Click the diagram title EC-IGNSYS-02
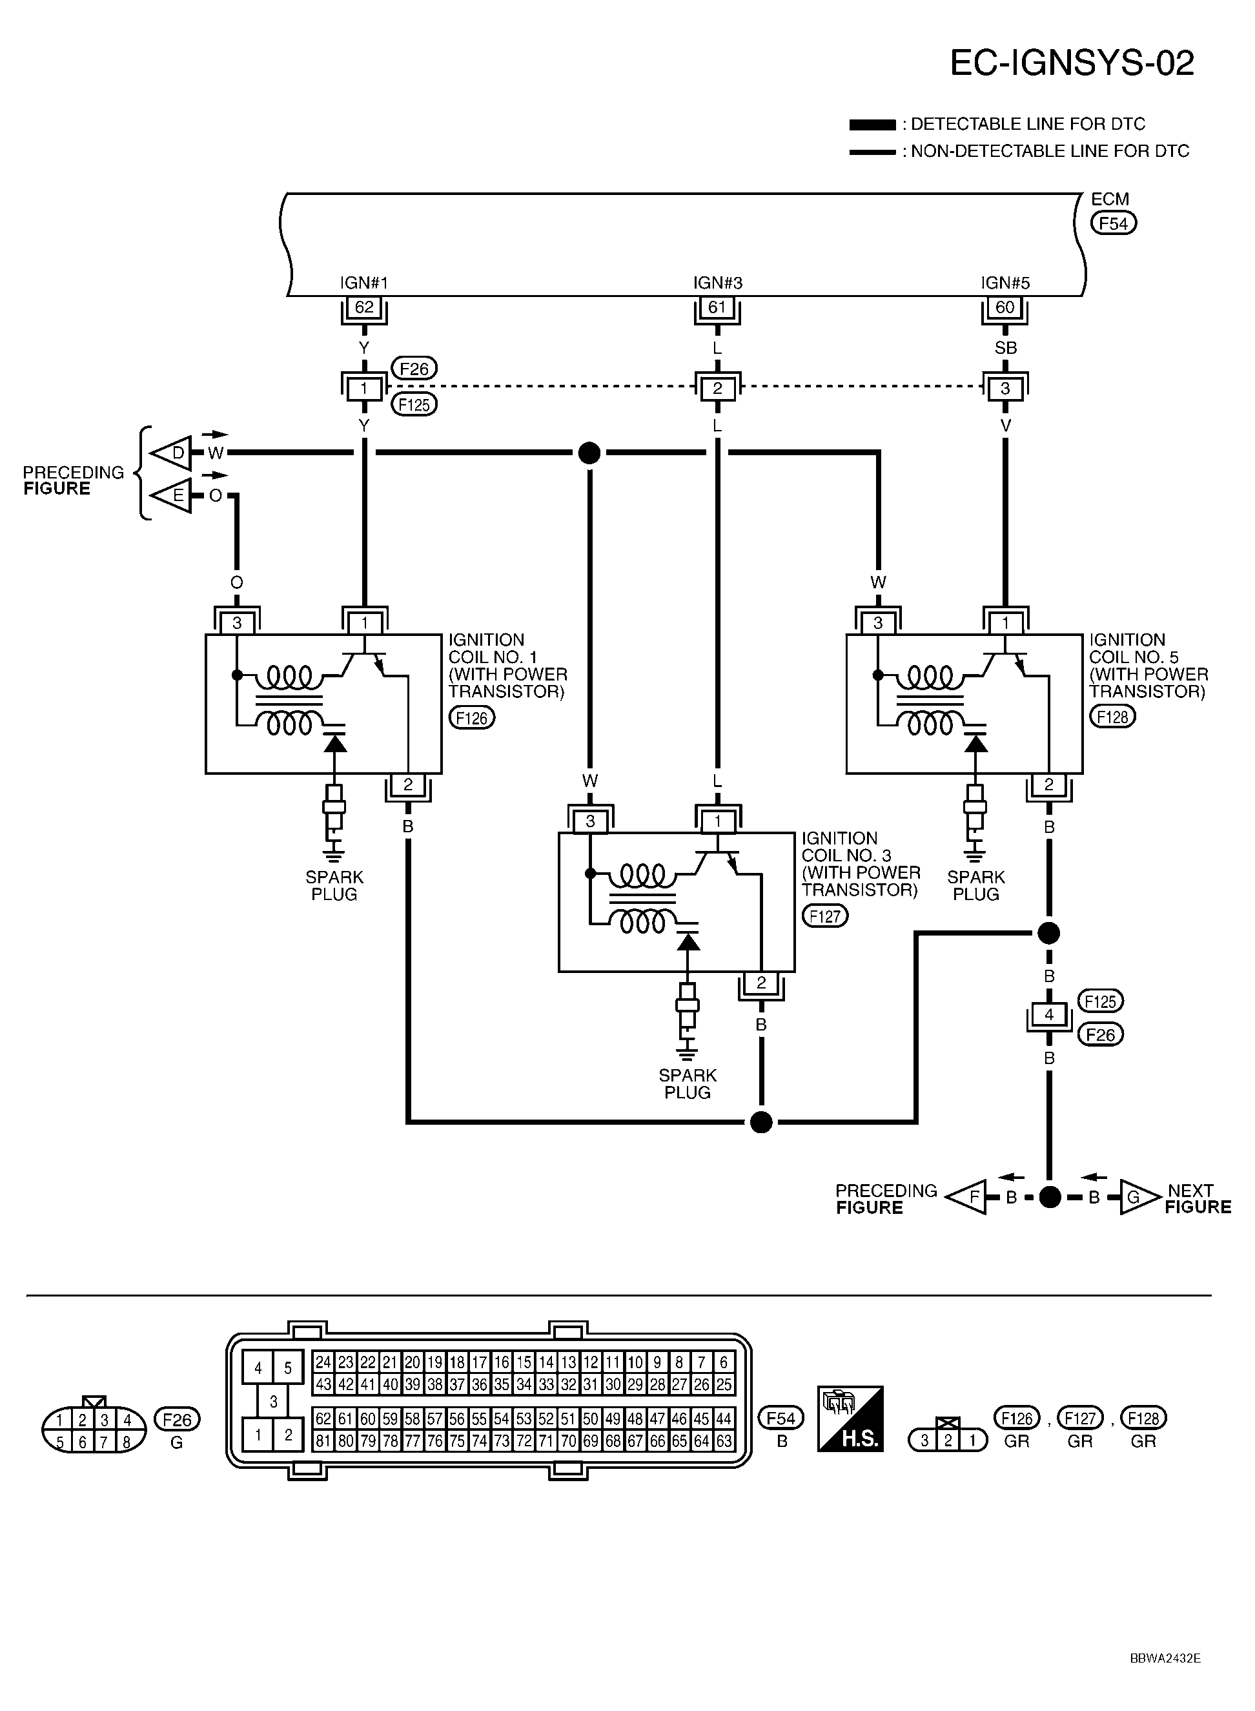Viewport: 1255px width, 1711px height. click(x=1072, y=63)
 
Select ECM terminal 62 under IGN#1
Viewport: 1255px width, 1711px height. click(x=364, y=308)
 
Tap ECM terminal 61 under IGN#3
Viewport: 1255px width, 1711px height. click(x=717, y=308)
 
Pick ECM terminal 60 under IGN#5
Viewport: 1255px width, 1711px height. click(x=1005, y=308)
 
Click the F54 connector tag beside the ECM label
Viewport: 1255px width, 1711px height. click(x=1114, y=223)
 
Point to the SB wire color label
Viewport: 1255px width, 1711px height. click(x=1005, y=348)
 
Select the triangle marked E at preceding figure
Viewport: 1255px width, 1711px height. click(x=172, y=496)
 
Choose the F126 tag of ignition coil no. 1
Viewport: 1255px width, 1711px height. click(x=472, y=717)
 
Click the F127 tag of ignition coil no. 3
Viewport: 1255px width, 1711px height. click(x=825, y=916)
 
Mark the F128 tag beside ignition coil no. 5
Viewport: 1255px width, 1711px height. click(x=1113, y=717)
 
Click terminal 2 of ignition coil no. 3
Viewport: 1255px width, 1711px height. click(x=761, y=983)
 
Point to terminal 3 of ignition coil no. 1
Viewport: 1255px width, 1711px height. click(x=237, y=624)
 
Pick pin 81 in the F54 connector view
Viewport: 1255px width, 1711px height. click(x=323, y=1440)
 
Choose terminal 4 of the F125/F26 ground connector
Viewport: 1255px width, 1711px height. click(x=1049, y=1015)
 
